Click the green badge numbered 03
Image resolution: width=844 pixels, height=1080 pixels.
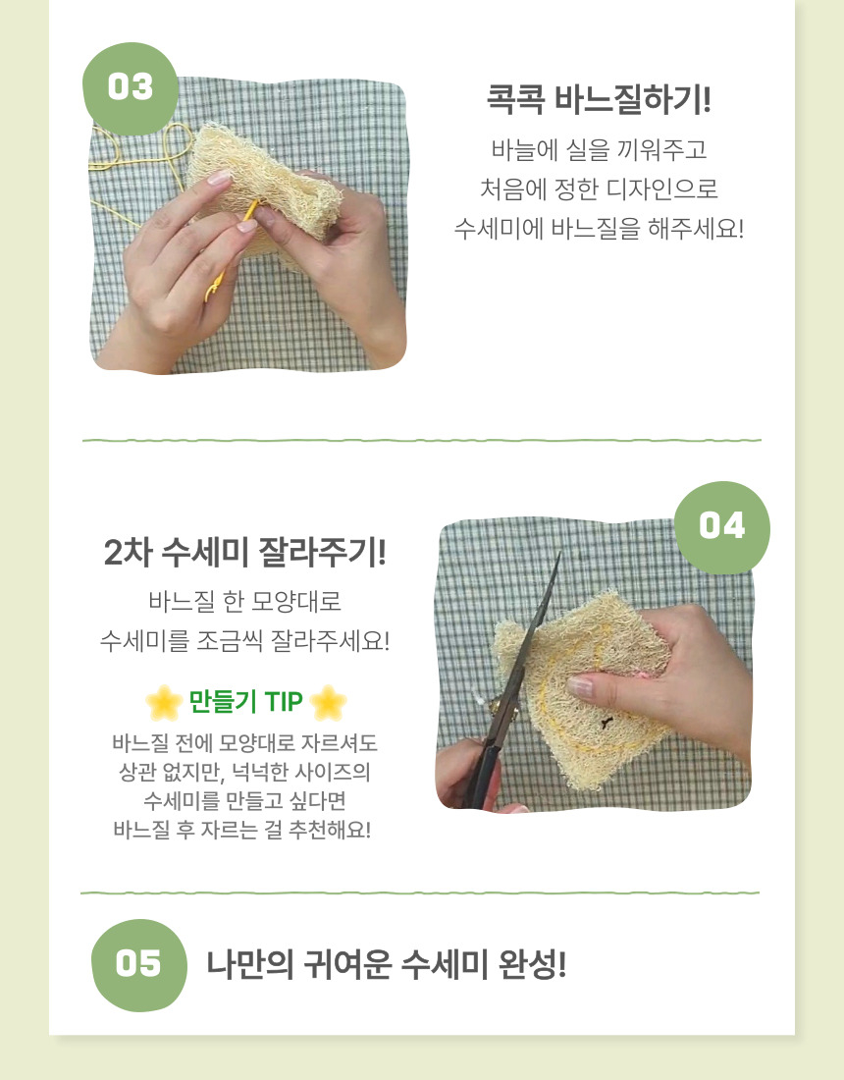(131, 88)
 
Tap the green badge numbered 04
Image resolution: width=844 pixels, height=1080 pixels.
(722, 526)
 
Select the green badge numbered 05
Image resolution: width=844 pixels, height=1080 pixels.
(138, 964)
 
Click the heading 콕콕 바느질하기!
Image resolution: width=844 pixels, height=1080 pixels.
(599, 100)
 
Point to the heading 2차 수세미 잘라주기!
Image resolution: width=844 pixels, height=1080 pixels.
(245, 553)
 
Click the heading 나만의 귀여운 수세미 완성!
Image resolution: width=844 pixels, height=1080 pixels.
(387, 965)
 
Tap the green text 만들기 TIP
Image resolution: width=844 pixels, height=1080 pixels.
(245, 702)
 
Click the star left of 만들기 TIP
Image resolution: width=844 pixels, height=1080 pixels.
(163, 702)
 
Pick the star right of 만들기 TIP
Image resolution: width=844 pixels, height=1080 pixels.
(328, 702)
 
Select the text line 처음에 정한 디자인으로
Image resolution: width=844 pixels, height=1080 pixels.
(599, 189)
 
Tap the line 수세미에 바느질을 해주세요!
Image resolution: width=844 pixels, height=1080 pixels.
(599, 229)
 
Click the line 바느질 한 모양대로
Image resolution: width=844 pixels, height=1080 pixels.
(245, 601)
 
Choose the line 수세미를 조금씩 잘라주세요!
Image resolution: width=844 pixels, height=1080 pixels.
(245, 641)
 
